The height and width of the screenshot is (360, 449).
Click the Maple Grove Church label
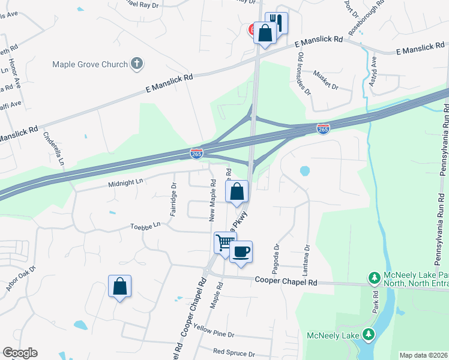90,64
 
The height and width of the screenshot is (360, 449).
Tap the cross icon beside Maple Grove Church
137,64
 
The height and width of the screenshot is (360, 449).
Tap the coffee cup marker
241,252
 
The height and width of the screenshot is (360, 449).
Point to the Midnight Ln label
126,182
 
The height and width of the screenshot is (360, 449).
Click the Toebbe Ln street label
146,226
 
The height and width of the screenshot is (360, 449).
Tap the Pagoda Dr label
277,254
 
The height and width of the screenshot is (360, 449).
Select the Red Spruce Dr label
234,353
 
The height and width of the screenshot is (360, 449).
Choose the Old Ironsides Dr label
304,74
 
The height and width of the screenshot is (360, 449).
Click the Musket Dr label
327,80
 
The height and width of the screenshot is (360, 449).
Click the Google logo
20,353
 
